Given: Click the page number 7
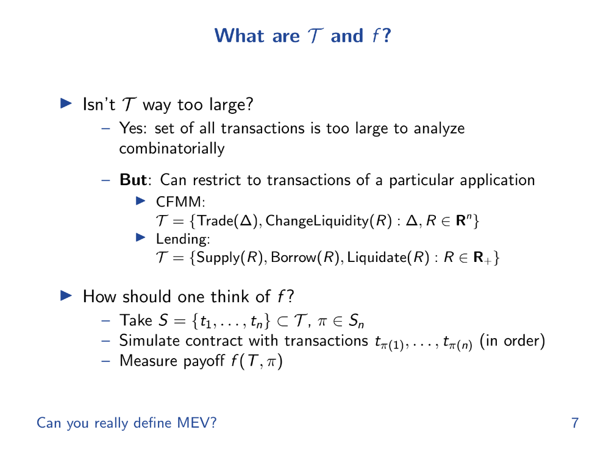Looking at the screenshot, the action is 575,423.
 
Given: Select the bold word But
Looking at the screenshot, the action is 133,180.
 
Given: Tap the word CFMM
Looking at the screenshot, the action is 179,202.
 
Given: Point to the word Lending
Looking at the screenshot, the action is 181,239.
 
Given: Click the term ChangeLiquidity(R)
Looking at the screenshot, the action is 329,221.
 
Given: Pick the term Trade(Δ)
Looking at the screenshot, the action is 227,221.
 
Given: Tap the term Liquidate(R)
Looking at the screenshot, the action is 388,257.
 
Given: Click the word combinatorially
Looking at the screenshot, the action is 171,149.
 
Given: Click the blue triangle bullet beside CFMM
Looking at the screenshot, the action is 141,201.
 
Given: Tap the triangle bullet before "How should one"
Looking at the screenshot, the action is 66,296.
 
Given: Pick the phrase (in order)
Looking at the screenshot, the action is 512,341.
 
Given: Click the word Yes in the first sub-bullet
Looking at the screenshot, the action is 132,129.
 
